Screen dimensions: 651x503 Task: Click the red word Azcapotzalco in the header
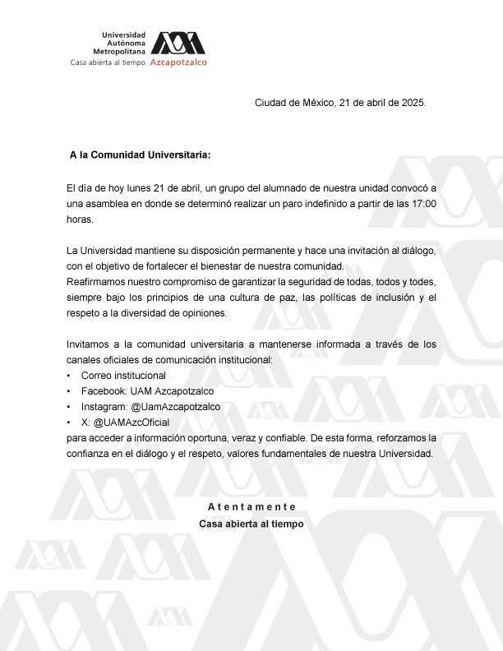(x=179, y=62)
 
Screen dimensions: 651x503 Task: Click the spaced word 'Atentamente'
(x=251, y=506)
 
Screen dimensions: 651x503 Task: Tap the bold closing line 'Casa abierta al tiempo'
(x=251, y=524)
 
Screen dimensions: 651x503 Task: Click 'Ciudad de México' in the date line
(x=293, y=104)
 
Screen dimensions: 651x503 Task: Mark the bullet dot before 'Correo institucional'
(x=69, y=376)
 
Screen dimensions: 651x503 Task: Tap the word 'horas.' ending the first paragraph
(x=81, y=219)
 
